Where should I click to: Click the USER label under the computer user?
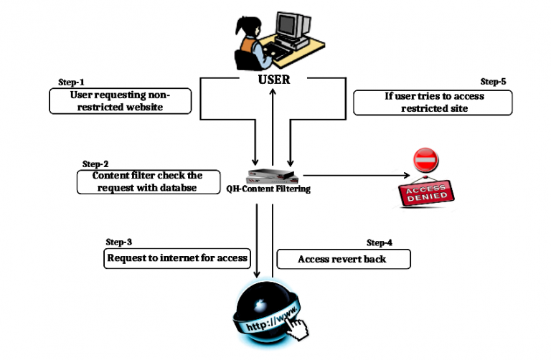tap(273, 79)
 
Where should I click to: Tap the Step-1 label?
tap(70, 82)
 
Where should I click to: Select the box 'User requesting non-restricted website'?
tap(121, 100)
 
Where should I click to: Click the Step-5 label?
tap(493, 82)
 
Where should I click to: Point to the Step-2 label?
tap(95, 164)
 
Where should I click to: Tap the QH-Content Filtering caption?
tap(273, 190)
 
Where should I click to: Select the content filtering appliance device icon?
tap(273, 175)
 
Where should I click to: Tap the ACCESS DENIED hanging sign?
tap(429, 192)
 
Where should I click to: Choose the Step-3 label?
tap(119, 242)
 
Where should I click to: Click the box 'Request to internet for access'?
tap(176, 258)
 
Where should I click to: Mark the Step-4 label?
tap(380, 242)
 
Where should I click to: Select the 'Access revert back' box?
tap(343, 259)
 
